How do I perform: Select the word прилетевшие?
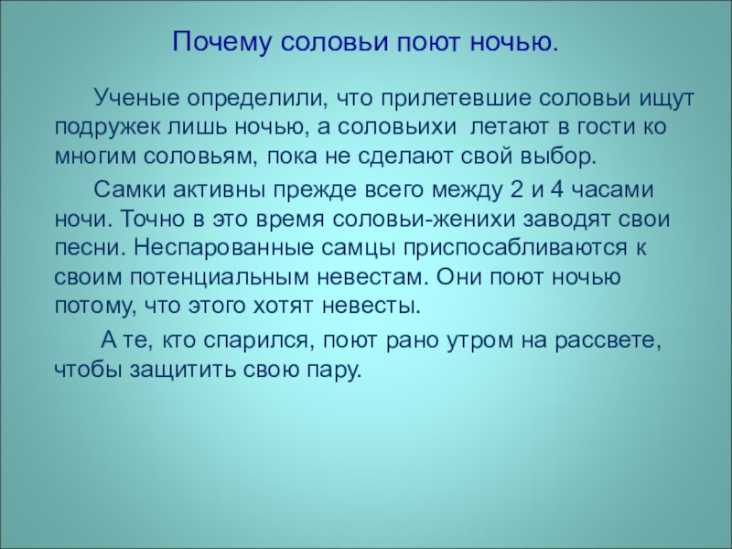444,96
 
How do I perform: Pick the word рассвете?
616,341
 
